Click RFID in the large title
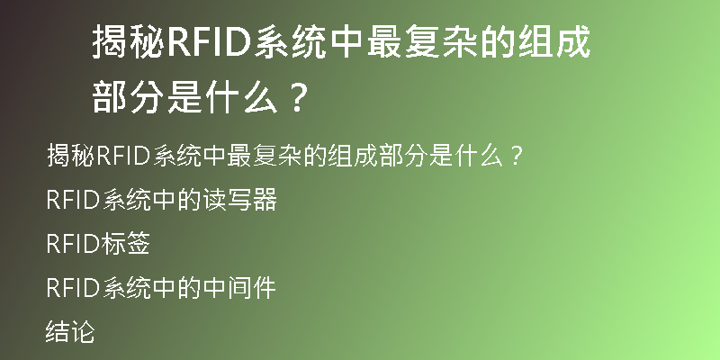[210, 42]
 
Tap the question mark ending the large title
[299, 97]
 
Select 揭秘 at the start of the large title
[129, 42]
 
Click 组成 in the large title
[553, 42]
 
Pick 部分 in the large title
[129, 97]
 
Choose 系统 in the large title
[291, 42]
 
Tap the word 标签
[125, 243]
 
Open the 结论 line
[70, 331]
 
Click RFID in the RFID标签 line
[74, 244]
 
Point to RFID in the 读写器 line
[74, 200]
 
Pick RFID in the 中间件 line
[74, 288]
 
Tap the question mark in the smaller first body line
[517, 156]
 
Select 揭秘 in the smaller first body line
[71, 156]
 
